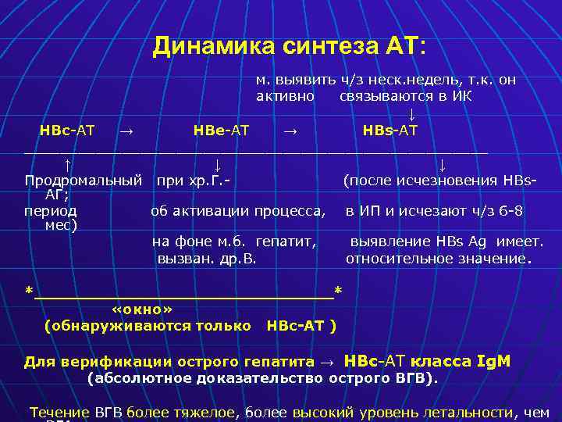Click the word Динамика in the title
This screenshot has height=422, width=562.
click(203, 46)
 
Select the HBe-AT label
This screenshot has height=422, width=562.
click(221, 130)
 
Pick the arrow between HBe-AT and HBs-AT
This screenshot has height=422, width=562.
click(289, 130)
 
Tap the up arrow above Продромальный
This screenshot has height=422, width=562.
click(68, 165)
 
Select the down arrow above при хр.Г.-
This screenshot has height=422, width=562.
click(217, 165)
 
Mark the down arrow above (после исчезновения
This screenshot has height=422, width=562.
click(442, 165)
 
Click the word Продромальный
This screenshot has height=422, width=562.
click(83, 181)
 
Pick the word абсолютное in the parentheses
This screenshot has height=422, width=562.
click(133, 378)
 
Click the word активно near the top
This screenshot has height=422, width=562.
click(286, 96)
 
